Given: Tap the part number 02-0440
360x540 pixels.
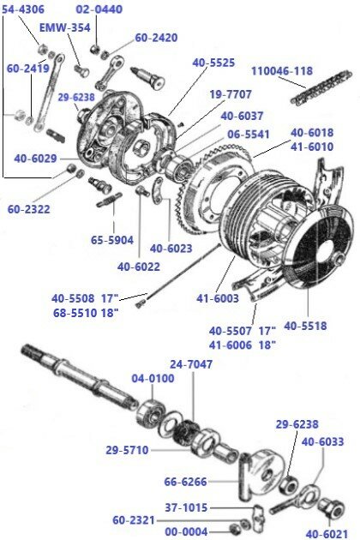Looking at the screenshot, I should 99,9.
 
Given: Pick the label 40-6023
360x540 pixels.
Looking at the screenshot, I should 171,249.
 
